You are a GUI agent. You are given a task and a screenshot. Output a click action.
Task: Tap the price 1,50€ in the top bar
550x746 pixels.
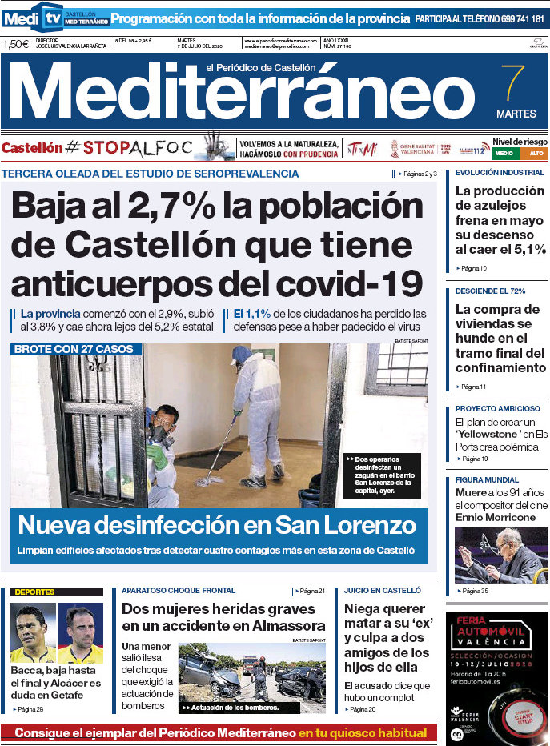pyautogui.click(x=16, y=44)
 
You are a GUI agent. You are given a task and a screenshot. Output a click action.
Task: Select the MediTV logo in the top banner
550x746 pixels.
pyautogui.click(x=33, y=16)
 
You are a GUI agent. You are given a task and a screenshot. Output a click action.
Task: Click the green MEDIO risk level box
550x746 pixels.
pyautogui.click(x=504, y=153)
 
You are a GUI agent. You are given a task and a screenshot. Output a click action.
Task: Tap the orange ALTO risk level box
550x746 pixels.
pyautogui.click(x=534, y=153)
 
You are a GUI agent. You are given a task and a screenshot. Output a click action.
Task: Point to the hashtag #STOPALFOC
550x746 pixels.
pyautogui.click(x=128, y=148)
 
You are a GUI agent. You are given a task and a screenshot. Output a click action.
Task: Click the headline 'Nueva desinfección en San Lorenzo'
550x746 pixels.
pyautogui.click(x=217, y=526)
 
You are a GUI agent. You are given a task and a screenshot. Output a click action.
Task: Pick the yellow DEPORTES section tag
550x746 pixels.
pyautogui.click(x=35, y=592)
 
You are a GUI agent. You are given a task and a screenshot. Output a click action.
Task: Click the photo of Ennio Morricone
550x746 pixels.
pyautogui.click(x=501, y=555)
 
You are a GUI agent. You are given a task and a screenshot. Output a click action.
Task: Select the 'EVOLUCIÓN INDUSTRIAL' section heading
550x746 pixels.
pyautogui.click(x=500, y=172)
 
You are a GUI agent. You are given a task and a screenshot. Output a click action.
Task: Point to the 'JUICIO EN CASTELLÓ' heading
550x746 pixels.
pyautogui.click(x=382, y=590)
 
